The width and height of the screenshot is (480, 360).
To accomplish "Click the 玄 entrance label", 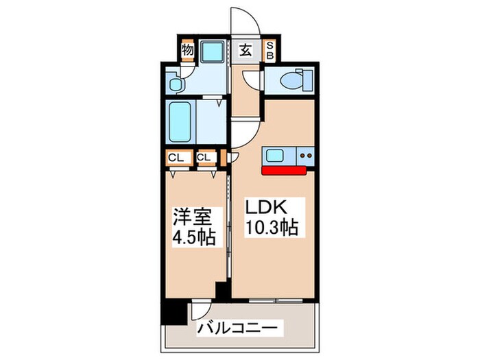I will coord(245,49).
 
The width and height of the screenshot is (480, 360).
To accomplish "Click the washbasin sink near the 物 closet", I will coord(176,84).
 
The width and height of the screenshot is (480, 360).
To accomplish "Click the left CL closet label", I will coord(177,158).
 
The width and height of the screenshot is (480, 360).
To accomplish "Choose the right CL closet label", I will coord(204,158).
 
